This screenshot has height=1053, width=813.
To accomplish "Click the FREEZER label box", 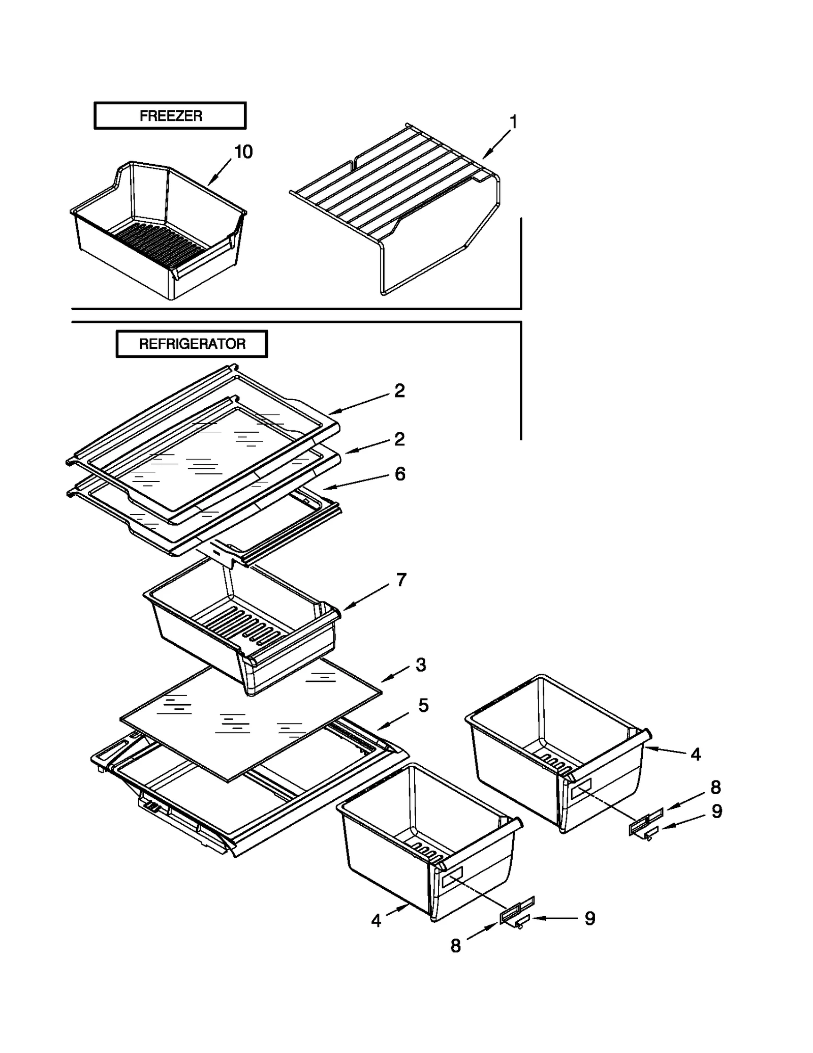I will (x=170, y=116).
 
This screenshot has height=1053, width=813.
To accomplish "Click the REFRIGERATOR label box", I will (x=192, y=344).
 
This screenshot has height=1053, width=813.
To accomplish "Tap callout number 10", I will (x=243, y=152).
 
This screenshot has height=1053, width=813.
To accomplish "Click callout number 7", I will (x=401, y=580).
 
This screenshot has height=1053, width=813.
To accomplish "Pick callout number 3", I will (x=420, y=665).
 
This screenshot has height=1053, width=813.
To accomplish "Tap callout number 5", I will (x=423, y=705).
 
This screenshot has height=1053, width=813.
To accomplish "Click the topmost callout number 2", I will (x=399, y=390).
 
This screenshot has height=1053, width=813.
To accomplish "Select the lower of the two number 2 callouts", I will (x=399, y=439).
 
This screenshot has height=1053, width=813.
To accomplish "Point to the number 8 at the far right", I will (x=715, y=788).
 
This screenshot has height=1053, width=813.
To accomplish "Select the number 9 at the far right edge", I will (x=716, y=811).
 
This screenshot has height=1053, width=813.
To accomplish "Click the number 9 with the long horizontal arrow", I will (x=589, y=918).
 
